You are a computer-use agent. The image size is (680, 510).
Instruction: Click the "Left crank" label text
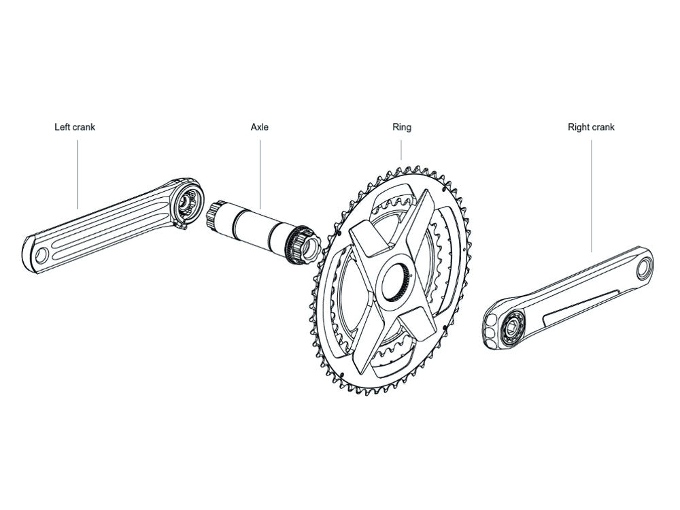75,127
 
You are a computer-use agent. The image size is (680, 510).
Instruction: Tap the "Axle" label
260,127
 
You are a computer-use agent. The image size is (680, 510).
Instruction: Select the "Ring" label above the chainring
402,127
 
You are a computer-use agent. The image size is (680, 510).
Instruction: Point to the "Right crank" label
591,127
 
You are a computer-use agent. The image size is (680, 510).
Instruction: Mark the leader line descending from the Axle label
260,173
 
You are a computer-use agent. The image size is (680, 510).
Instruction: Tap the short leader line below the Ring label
402,150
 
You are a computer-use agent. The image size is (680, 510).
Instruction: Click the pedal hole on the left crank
41,254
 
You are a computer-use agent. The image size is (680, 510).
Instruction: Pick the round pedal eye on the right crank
643,269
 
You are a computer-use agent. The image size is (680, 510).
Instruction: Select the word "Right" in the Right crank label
579,127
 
